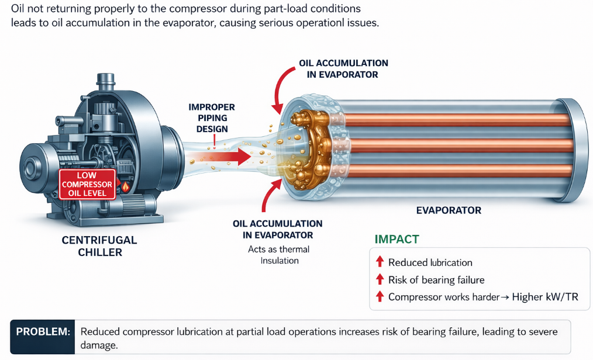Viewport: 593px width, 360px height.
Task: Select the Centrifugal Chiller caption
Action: click(x=99, y=246)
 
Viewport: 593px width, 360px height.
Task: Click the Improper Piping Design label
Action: click(x=212, y=118)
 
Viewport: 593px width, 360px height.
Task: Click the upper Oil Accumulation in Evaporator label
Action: click(x=343, y=68)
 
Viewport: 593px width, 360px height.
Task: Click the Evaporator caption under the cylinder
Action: click(x=448, y=210)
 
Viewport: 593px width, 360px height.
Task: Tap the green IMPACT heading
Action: click(x=397, y=239)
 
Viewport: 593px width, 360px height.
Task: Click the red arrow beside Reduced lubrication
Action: click(x=380, y=262)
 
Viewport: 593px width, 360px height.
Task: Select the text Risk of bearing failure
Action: click(x=436, y=280)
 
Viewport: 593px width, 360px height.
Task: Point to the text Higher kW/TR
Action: click(x=544, y=297)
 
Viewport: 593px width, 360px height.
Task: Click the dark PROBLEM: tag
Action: click(x=43, y=332)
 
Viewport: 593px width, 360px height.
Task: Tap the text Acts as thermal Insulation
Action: click(x=279, y=255)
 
